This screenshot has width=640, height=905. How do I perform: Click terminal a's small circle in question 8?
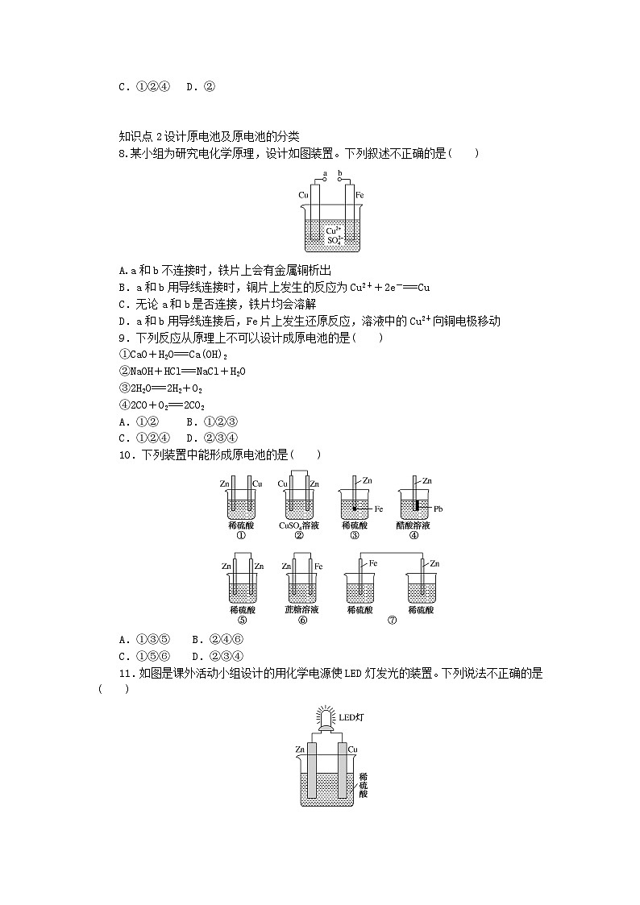[x=324, y=181]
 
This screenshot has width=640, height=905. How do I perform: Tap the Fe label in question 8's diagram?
[x=359, y=195]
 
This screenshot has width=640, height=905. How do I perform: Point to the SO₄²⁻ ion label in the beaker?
[x=334, y=239]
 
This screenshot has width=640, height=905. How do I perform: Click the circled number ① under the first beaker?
[x=240, y=534]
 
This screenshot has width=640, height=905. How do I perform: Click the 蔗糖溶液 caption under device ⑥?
[x=301, y=610]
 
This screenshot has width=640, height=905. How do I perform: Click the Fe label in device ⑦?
[x=372, y=563]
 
